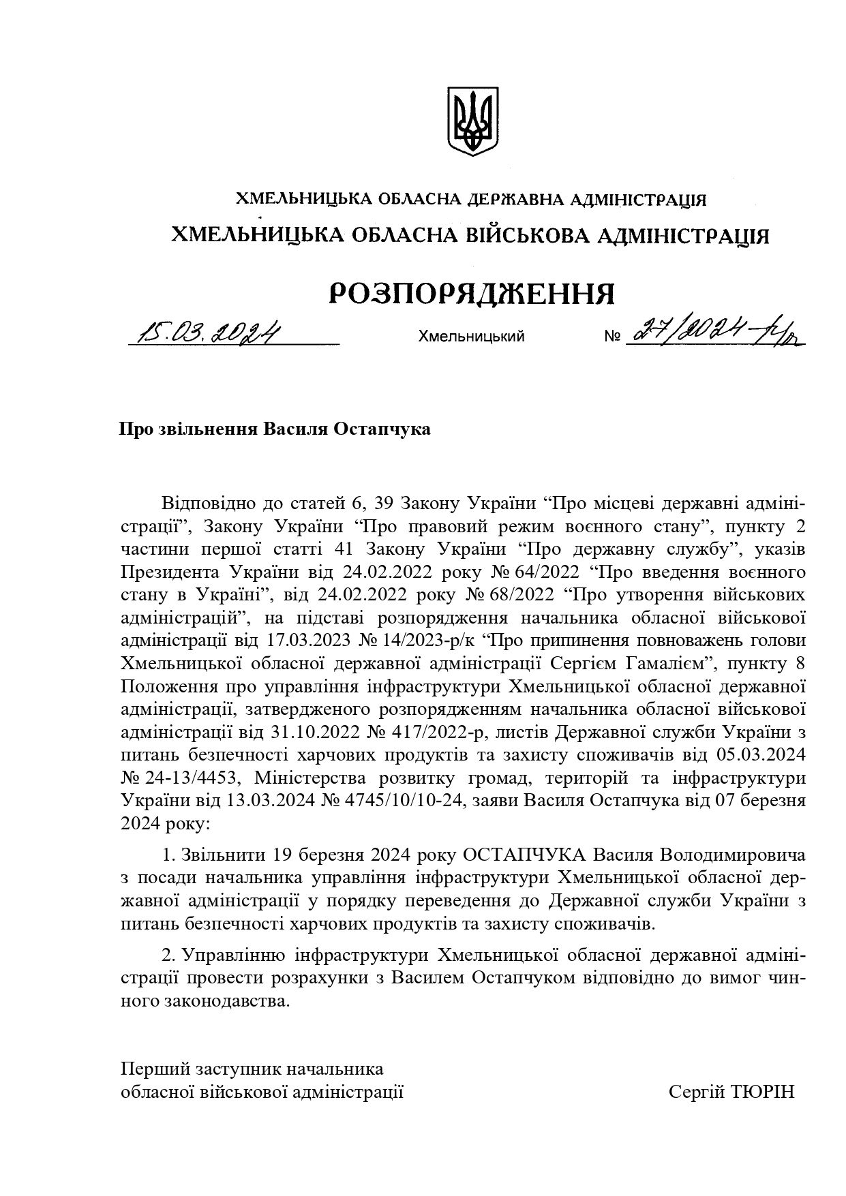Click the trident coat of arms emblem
click(472, 121)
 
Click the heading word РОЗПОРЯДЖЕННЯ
click(472, 294)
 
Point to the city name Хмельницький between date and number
click(471, 336)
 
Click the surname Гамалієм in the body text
click(656, 663)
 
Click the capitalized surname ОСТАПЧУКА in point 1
click(524, 855)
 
